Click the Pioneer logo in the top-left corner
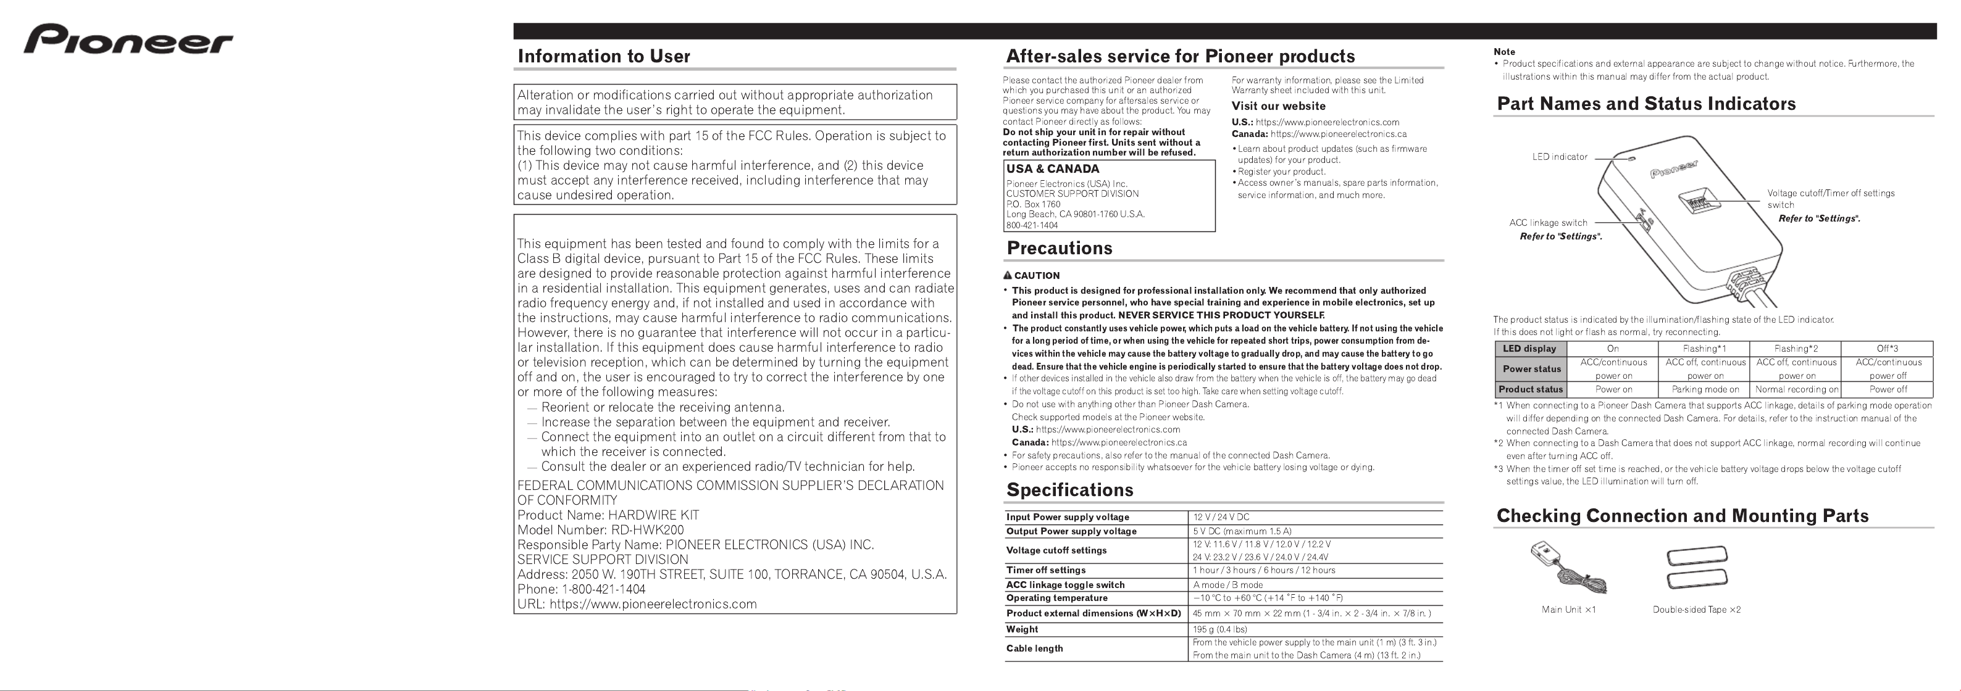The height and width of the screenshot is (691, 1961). [x=128, y=39]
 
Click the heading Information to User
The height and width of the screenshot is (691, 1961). [x=604, y=56]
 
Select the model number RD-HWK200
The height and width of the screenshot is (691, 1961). [x=647, y=530]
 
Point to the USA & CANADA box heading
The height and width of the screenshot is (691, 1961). [x=1052, y=169]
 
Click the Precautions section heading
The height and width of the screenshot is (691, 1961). [x=1059, y=248]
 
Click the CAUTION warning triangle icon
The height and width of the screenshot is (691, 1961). [x=1007, y=276]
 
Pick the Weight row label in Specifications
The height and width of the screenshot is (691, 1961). [x=1022, y=629]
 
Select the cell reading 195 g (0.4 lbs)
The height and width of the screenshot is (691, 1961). [x=1219, y=629]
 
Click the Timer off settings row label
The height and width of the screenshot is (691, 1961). [x=1045, y=570]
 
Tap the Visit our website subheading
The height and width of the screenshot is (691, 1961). [x=1278, y=106]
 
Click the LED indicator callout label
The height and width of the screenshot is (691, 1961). [x=1559, y=157]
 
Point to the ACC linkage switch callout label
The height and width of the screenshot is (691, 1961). [x=1548, y=223]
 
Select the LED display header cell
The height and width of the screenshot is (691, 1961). [x=1529, y=349]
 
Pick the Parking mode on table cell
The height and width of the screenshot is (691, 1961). [x=1705, y=389]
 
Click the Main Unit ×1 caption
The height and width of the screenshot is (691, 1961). [x=1568, y=610]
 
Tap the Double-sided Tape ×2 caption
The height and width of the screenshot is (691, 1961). [x=1696, y=610]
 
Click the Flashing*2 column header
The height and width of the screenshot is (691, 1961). [x=1795, y=349]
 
